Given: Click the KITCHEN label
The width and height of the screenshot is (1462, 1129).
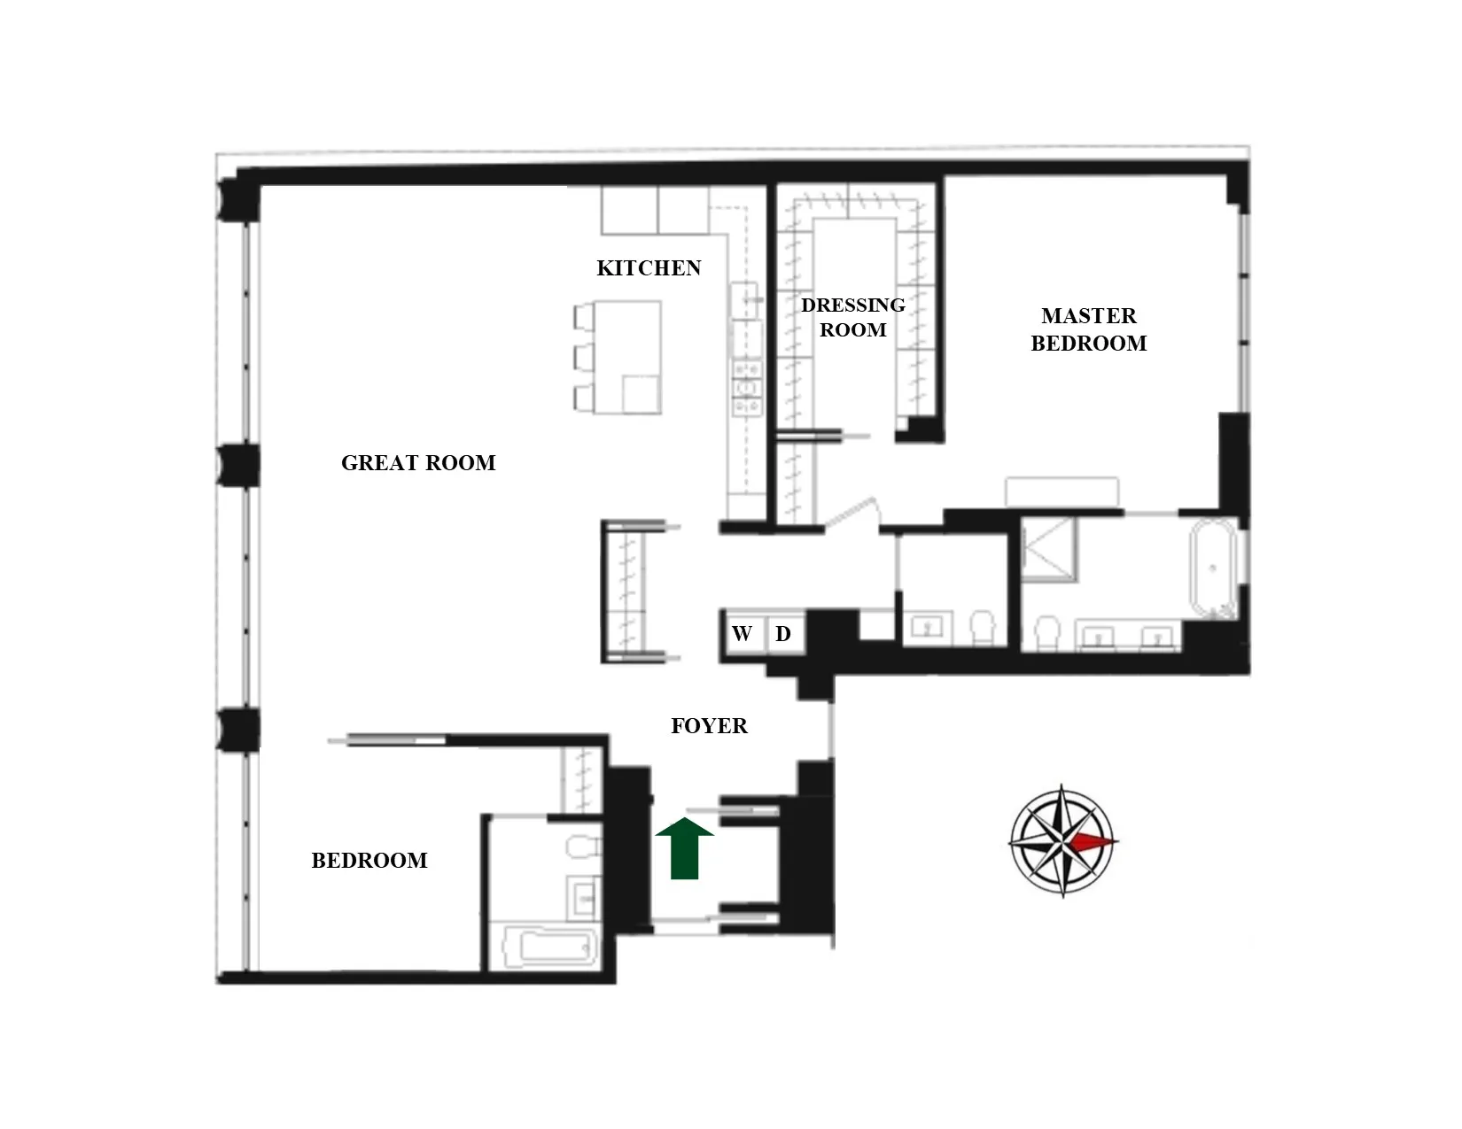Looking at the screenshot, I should (x=649, y=268).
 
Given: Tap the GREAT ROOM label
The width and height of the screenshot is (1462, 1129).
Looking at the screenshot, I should (x=418, y=463).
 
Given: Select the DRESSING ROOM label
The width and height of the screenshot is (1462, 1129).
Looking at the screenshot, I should (x=852, y=317).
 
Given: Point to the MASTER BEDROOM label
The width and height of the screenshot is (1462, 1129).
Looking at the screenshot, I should (x=1088, y=329).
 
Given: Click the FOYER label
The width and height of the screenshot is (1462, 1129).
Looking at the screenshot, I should (x=709, y=726).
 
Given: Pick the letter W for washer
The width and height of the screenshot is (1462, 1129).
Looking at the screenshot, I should (x=742, y=634).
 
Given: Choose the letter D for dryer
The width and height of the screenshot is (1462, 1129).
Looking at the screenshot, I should (x=783, y=634).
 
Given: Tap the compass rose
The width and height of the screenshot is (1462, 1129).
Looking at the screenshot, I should (x=1063, y=840).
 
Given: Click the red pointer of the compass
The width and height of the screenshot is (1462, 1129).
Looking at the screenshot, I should (x=1095, y=841).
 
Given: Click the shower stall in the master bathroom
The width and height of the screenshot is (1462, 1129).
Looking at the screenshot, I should (x=1048, y=549).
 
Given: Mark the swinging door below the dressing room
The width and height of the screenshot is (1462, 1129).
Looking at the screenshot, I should (x=855, y=514).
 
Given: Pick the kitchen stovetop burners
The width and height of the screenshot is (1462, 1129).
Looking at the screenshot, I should (x=747, y=386).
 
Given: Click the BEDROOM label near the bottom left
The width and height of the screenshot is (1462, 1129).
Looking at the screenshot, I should (x=369, y=861).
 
